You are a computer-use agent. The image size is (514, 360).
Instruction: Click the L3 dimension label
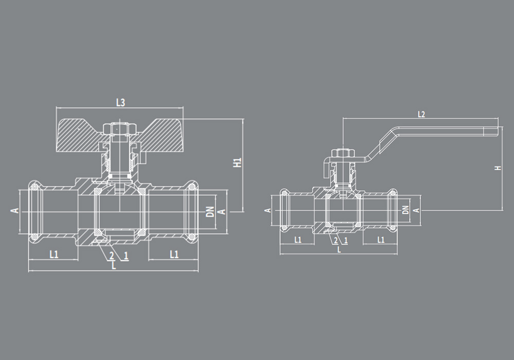[x=120, y=102]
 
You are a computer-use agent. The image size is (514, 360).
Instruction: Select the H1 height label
[x=237, y=163]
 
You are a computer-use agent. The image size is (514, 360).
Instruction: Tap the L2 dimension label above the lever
[x=421, y=114]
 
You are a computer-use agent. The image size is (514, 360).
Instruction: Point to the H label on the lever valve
[x=498, y=168]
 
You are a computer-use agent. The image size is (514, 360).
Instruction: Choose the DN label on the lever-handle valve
[x=406, y=209]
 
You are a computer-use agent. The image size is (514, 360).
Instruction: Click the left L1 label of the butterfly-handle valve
[x=54, y=254]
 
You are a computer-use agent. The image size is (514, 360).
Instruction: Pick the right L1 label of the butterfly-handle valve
[x=174, y=254]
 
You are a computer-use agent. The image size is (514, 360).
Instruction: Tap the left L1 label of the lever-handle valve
[x=298, y=240]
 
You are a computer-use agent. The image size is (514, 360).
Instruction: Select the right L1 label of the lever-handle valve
[x=381, y=240]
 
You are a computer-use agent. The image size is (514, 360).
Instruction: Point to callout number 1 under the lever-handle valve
[x=346, y=240]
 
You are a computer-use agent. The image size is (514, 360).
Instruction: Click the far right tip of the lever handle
[x=498, y=131]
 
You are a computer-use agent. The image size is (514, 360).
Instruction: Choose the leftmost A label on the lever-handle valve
[x=267, y=210]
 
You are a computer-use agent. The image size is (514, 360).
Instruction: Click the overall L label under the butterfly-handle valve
[x=114, y=266]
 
